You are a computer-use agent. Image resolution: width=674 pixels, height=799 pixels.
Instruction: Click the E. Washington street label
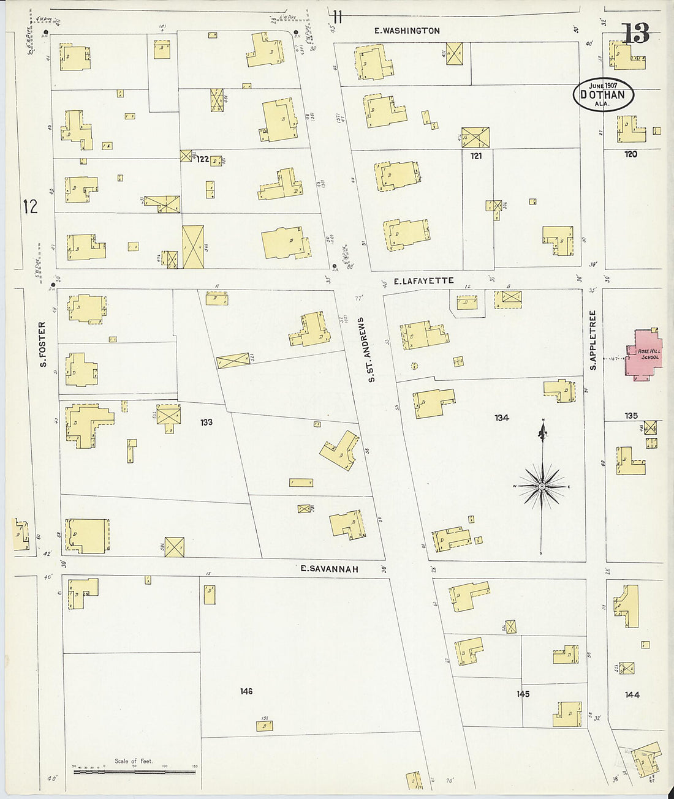point(407,31)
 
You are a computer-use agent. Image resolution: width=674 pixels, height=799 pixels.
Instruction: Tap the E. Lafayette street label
point(423,281)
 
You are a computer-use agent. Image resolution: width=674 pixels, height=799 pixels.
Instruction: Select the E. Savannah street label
point(329,569)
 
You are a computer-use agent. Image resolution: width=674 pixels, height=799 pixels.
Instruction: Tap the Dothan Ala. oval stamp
point(603,95)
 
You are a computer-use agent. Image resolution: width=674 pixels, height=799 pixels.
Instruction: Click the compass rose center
point(542,487)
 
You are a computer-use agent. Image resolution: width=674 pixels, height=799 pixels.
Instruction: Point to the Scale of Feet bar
point(134,771)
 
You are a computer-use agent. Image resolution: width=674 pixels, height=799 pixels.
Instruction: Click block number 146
point(246,691)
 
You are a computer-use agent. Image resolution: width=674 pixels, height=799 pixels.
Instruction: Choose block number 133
point(206,422)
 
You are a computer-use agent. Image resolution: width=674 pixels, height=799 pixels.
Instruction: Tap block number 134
point(502,418)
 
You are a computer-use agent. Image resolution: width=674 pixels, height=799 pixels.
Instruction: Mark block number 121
point(476,156)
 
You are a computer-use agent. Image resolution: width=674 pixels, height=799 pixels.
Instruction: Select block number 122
point(203,159)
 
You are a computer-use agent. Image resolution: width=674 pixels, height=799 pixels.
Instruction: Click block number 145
point(523,694)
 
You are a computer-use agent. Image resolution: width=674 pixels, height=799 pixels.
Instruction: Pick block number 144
point(632,694)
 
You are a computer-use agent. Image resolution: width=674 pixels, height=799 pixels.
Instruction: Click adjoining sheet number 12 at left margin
point(30,206)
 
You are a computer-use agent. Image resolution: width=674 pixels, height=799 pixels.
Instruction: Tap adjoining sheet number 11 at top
point(338,16)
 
